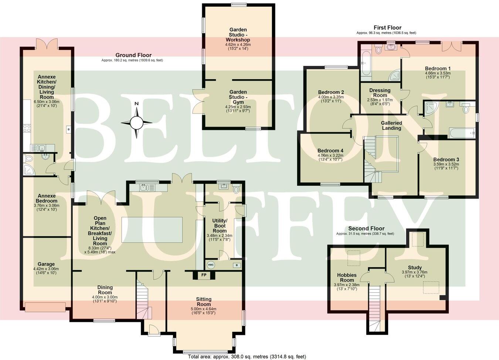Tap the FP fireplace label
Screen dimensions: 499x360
[x=204, y=275]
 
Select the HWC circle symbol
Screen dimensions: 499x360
[x=211, y=265]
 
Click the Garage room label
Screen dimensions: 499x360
[x=46, y=264]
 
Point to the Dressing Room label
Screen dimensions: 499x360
[x=380, y=92]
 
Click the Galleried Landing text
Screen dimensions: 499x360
[x=391, y=125]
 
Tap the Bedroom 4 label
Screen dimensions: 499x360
[x=330, y=151]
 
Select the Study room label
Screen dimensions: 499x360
[x=415, y=268]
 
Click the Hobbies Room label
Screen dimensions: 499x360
[x=347, y=277]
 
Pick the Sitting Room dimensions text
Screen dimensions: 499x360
[x=204, y=311]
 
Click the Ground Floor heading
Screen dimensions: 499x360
[x=133, y=55]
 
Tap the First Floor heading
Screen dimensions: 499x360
[x=387, y=28]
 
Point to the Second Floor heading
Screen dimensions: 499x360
[x=366, y=228]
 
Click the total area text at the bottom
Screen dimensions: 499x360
[x=247, y=357]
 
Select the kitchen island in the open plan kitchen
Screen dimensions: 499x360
[x=152, y=229]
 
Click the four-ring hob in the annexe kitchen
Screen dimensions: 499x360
[x=27, y=128]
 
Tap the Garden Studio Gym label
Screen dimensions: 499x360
[x=238, y=97]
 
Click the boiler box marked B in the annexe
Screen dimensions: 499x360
[x=68, y=129]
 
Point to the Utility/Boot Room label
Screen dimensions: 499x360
[x=220, y=226]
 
